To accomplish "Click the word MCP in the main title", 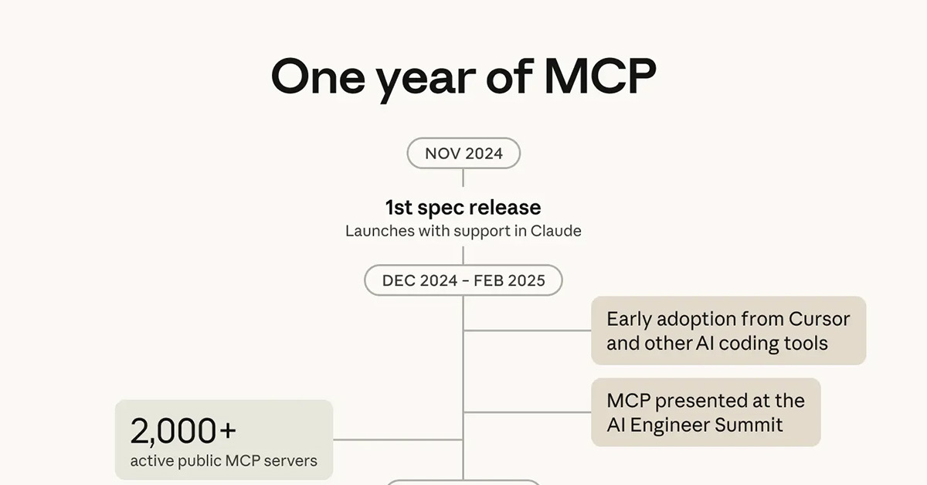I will pyautogui.click(x=600, y=76).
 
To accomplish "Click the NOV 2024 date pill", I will pyautogui.click(x=463, y=154).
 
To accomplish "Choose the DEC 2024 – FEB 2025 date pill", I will pyautogui.click(x=463, y=280).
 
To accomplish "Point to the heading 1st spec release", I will pyautogui.click(x=463, y=207).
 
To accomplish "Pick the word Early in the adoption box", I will pyautogui.click(x=630, y=319).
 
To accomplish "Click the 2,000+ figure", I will pyautogui.click(x=173, y=431).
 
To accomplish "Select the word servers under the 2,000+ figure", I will pyautogui.click(x=291, y=461).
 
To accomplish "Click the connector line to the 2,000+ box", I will pyautogui.click(x=398, y=439).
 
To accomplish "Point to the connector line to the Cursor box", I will pyautogui.click(x=527, y=331).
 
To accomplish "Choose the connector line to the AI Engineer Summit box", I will pyautogui.click(x=527, y=412).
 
